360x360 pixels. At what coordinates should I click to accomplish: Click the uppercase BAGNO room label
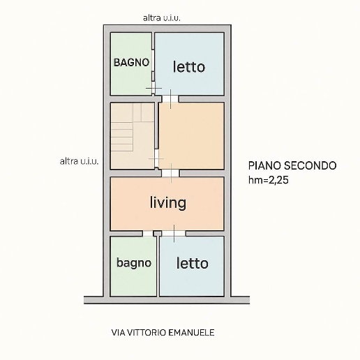pos(132,62)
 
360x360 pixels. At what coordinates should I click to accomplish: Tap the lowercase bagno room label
pos(133,263)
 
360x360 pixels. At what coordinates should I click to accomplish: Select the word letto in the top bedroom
pos(189,67)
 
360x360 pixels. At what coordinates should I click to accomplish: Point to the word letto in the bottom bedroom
pos(192,264)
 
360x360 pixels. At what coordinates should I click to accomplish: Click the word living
pos(168,203)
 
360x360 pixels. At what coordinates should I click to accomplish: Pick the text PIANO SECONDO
pos(292,166)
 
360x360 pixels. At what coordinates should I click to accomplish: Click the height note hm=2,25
pos(269,179)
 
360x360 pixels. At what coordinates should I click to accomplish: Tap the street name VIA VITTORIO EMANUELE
pos(163,333)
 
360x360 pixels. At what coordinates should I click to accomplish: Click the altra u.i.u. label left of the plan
pos(79,161)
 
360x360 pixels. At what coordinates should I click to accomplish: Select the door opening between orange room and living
pos(170,172)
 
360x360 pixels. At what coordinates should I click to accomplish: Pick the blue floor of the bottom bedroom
pos(192,283)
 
